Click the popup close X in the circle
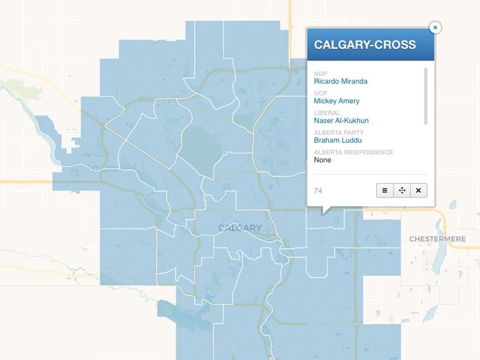[434, 27]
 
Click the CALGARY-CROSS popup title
[364, 45]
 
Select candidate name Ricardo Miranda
[341, 81]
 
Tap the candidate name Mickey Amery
[337, 101]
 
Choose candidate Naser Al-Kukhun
[341, 121]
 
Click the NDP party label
[321, 73]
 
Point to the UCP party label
[321, 93]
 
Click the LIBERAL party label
[327, 113]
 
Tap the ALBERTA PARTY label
[339, 133]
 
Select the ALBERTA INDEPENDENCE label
[353, 153]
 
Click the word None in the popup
[323, 160]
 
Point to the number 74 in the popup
[318, 191]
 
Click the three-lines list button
[385, 190]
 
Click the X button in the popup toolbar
[419, 190]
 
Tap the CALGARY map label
[240, 228]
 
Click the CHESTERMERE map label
[437, 238]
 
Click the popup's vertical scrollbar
[426, 95]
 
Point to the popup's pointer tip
[324, 213]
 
